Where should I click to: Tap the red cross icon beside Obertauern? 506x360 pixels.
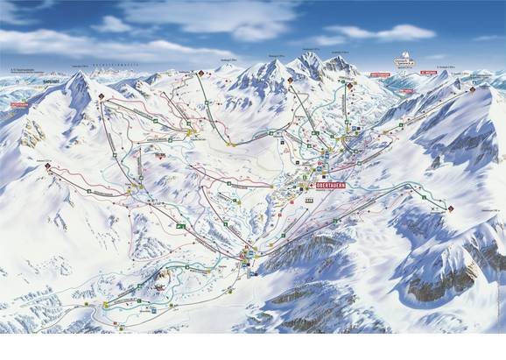pyautogui.click(x=312, y=187)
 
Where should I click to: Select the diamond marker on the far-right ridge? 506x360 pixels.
pyautogui.click(x=472, y=89)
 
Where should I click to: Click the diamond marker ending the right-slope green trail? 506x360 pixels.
pyautogui.click(x=451, y=208)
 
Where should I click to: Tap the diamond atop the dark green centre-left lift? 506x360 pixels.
pyautogui.click(x=200, y=73)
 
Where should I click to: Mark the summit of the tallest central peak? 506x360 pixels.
pyautogui.click(x=308, y=53)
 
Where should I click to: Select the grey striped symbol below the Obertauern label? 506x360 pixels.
pyautogui.click(x=308, y=200)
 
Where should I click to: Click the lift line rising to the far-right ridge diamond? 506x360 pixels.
pyautogui.click(x=411, y=123)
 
